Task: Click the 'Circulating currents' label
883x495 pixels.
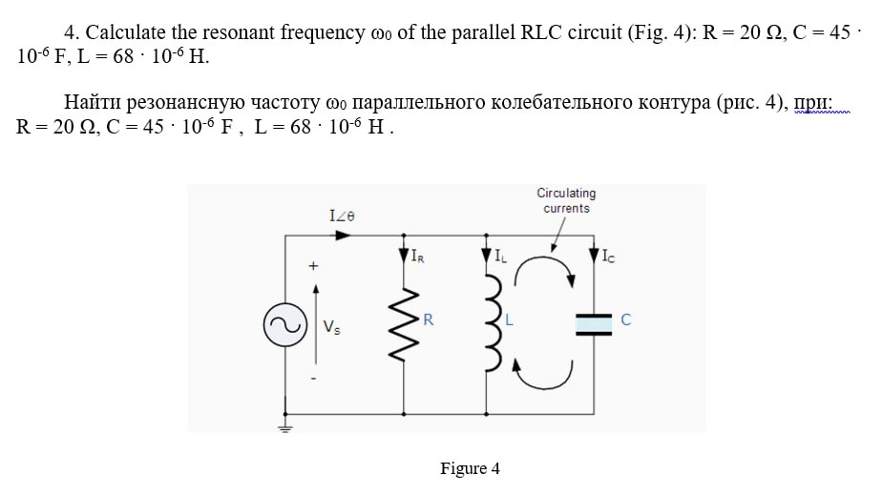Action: pos(566,200)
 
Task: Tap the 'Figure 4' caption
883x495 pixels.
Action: pos(470,468)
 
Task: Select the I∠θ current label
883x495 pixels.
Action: pos(341,217)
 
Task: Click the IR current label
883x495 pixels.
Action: pos(418,256)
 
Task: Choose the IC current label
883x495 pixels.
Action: pos(610,255)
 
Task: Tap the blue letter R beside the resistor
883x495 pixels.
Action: pos(429,320)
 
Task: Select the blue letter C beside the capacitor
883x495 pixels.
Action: pos(625,321)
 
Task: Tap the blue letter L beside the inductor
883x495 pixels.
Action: pos(509,320)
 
